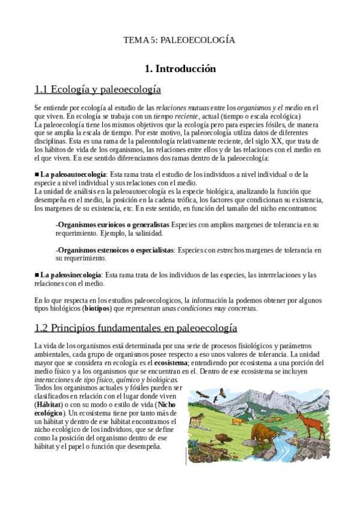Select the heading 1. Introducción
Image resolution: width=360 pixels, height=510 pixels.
tap(180, 69)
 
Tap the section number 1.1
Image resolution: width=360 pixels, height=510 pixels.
tap(41, 90)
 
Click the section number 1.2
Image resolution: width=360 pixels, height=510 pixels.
tap(41, 328)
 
